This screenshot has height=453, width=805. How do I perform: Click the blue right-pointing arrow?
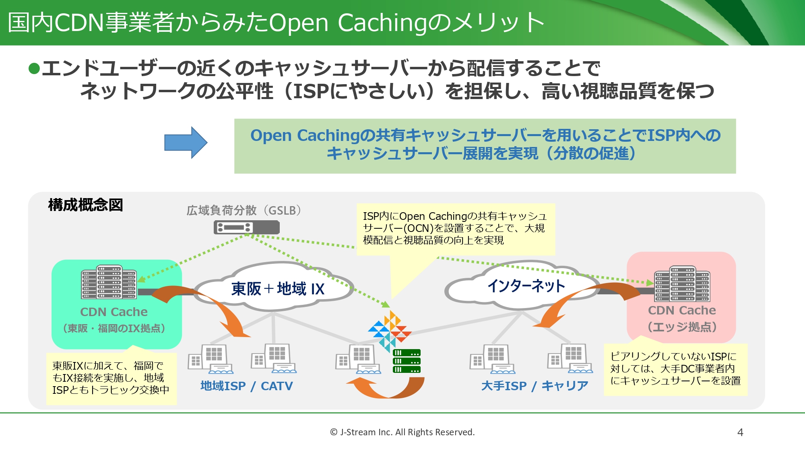tap(186, 143)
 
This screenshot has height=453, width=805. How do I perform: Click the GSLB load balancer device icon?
tap(246, 228)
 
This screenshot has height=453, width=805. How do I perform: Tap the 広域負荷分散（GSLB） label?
tap(244, 210)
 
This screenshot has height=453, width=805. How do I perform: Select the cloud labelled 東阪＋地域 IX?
tap(277, 288)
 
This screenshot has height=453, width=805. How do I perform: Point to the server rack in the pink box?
tap(682, 283)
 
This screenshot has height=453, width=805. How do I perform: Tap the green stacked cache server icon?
tap(407, 361)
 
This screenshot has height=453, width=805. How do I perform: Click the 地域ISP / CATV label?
tap(247, 386)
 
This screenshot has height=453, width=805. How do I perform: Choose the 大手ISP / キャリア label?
tap(535, 386)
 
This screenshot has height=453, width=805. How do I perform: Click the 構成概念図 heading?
tap(85, 205)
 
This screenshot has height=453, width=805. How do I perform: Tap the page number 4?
tap(740, 432)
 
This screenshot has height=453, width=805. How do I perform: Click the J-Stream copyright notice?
tap(402, 432)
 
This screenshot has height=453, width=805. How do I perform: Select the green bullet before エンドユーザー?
tap(34, 68)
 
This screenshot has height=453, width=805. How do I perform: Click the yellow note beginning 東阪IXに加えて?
tap(111, 378)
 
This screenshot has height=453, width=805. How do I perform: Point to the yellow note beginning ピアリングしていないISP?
tap(675, 368)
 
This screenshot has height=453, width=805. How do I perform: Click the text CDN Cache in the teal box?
tap(114, 312)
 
